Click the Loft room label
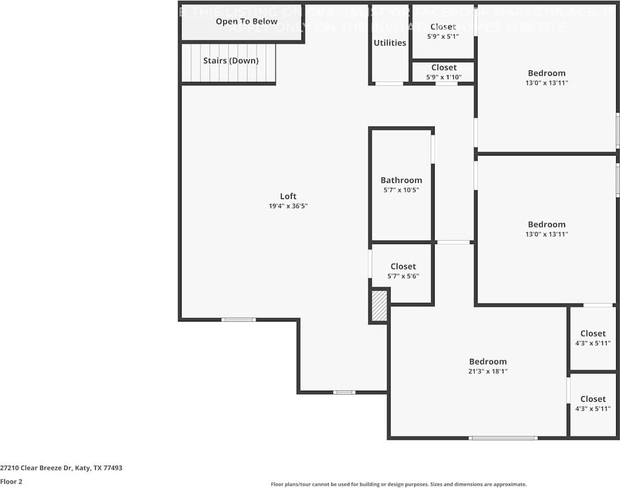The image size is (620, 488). pyautogui.click(x=288, y=196)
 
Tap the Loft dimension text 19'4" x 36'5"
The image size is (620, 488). pyautogui.click(x=288, y=206)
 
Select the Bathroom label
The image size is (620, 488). pyautogui.click(x=401, y=180)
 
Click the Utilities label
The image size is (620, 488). pyautogui.click(x=389, y=43)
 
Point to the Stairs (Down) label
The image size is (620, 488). pyautogui.click(x=231, y=60)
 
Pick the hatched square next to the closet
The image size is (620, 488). pyautogui.click(x=379, y=306)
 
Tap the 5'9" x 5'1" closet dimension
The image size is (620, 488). pyautogui.click(x=443, y=36)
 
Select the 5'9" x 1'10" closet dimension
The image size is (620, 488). pyautogui.click(x=443, y=77)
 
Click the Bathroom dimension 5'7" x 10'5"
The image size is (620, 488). pyautogui.click(x=401, y=190)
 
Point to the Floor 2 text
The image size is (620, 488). pyautogui.click(x=12, y=481)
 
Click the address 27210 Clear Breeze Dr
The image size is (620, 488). pyautogui.click(x=61, y=468)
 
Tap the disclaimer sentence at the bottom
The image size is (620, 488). pyautogui.click(x=398, y=484)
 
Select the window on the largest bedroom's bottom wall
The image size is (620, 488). pyautogui.click(x=503, y=438)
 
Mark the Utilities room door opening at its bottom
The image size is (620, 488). pyautogui.click(x=389, y=84)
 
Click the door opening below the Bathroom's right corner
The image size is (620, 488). pyautogui.click(x=453, y=242)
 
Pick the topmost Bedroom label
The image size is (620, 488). pyautogui.click(x=546, y=73)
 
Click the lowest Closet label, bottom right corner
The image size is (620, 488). pyautogui.click(x=592, y=399)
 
